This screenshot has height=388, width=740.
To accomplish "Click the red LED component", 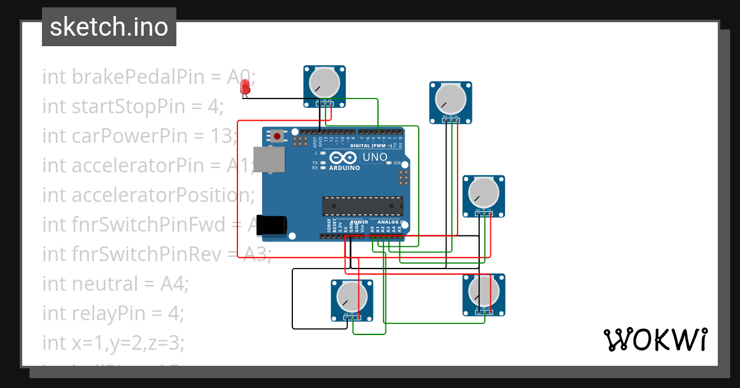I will pyautogui.click(x=245, y=87).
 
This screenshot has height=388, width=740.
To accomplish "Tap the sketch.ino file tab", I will pyautogui.click(x=109, y=27).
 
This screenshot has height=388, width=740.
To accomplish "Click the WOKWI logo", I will pyautogui.click(x=655, y=339).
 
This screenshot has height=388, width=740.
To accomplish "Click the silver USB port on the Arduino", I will pyautogui.click(x=270, y=160).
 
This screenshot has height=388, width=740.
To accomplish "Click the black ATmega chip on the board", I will pyautogui.click(x=363, y=206).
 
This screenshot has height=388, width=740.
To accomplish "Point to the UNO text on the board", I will pyautogui.click(x=374, y=157).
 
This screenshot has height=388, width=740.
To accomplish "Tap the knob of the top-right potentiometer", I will pyautogui.click(x=450, y=98).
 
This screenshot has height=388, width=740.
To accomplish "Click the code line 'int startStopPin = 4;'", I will pyautogui.click(x=133, y=107).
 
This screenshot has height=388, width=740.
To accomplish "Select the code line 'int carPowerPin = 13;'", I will pyautogui.click(x=139, y=136).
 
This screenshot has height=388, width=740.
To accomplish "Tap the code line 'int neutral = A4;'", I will pyautogui.click(x=115, y=284).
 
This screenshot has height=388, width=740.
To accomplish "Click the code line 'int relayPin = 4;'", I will pyautogui.click(x=113, y=313).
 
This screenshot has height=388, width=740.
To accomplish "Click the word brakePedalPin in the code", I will pyautogui.click(x=141, y=77).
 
